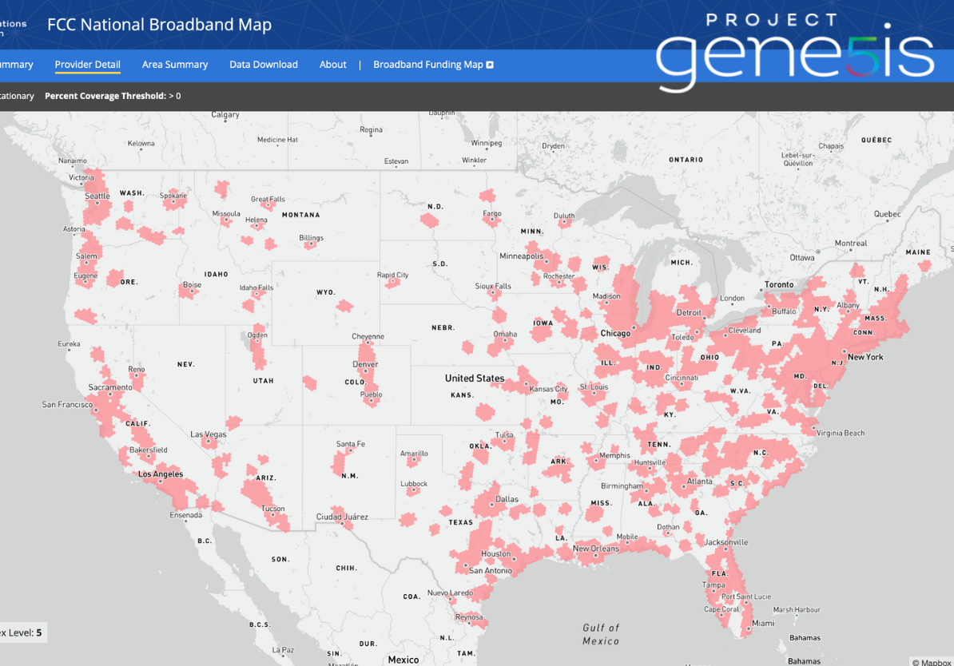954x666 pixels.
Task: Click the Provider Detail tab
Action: point(87,65)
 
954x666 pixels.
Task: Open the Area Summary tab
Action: point(175,65)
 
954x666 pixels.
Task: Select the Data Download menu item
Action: point(264,65)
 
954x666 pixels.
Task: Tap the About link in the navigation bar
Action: point(333,65)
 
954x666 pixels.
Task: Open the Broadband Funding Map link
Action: point(433,65)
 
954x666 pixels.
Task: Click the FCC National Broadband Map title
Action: point(159,25)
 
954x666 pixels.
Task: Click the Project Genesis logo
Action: point(795,50)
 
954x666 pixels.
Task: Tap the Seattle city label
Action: point(97,196)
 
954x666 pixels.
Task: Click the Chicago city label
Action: point(615,333)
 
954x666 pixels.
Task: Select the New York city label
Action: point(865,357)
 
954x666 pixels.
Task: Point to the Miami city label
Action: point(763,623)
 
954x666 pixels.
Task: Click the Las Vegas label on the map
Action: point(209,434)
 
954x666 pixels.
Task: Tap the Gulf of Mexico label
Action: point(601,634)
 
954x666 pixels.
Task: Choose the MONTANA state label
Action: point(300,215)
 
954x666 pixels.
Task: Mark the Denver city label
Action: point(365,364)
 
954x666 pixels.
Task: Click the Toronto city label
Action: point(779,284)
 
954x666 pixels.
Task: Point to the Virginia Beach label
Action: point(841,433)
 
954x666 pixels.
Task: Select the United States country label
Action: point(475,378)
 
